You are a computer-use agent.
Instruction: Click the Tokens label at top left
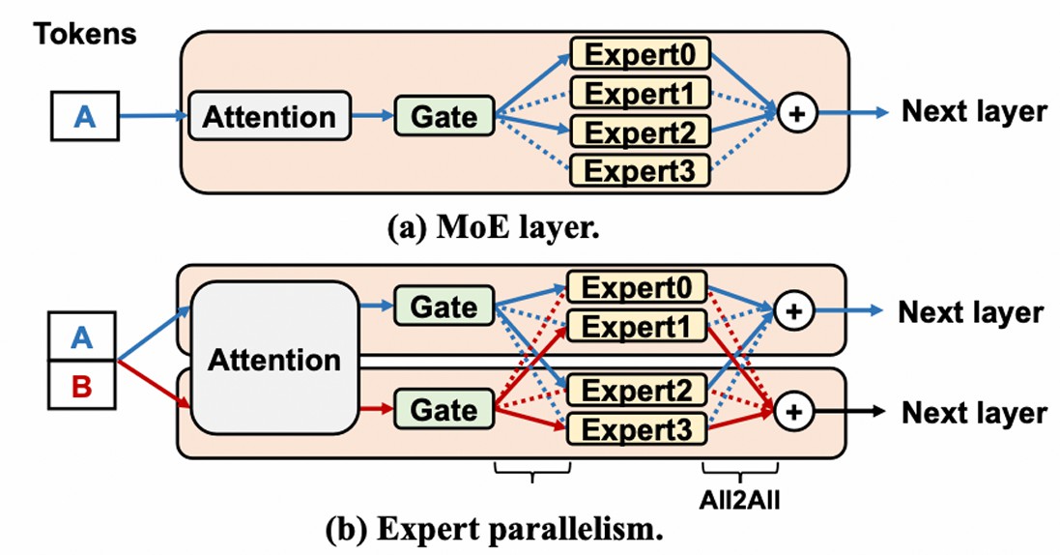point(86,35)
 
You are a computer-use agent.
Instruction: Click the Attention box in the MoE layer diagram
point(269,117)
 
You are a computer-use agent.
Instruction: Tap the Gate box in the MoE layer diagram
point(444,117)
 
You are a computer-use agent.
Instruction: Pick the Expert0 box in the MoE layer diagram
point(641,52)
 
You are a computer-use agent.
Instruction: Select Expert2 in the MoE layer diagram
point(641,131)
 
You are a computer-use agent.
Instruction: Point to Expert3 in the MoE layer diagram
point(641,170)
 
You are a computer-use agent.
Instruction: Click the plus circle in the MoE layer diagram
point(793,113)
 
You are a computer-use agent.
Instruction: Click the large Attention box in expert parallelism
point(274,360)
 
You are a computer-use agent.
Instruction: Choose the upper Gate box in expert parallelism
point(444,307)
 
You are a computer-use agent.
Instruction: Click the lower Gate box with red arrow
point(444,409)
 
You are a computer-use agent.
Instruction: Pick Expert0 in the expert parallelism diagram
point(637,288)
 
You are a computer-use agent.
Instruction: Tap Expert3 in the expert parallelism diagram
point(637,429)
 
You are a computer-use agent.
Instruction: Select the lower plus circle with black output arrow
point(793,412)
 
